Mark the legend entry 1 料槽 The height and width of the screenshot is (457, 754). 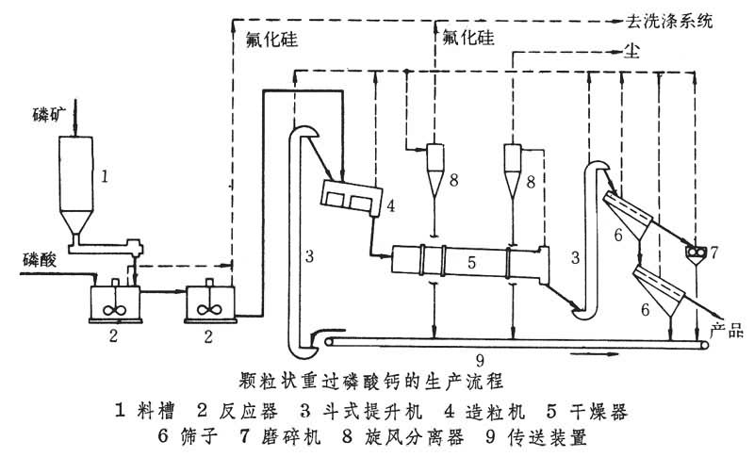coord(152,412)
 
